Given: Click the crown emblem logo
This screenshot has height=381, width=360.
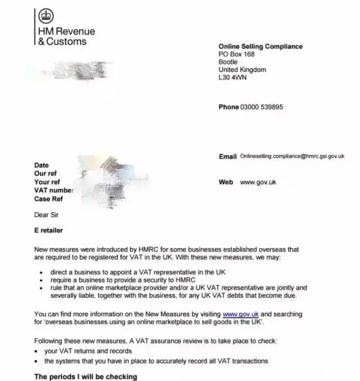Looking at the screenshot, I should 46,16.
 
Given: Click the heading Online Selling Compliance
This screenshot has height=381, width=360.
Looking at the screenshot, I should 260,46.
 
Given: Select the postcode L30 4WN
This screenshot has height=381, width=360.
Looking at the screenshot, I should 232,78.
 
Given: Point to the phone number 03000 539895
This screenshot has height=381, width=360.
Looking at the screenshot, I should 262,107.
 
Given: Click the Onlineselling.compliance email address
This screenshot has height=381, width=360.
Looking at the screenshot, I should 291,156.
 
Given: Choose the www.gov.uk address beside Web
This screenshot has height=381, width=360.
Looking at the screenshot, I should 258,182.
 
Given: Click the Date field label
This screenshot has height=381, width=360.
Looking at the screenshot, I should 42,165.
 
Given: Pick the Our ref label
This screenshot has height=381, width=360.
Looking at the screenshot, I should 46,174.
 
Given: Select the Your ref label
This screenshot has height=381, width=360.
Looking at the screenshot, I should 47,182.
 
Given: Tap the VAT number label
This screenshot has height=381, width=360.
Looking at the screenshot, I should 54,191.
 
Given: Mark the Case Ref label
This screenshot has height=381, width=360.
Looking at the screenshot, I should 49,199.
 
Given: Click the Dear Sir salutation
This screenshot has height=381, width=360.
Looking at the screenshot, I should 46,214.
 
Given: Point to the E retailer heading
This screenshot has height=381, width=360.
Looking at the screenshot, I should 49,231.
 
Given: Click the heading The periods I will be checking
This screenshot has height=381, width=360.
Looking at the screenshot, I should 85,376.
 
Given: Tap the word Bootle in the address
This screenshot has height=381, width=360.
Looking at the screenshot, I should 228,62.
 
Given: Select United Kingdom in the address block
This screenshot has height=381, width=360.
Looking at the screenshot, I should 242,70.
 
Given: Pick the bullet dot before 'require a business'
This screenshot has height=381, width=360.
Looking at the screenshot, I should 44,280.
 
